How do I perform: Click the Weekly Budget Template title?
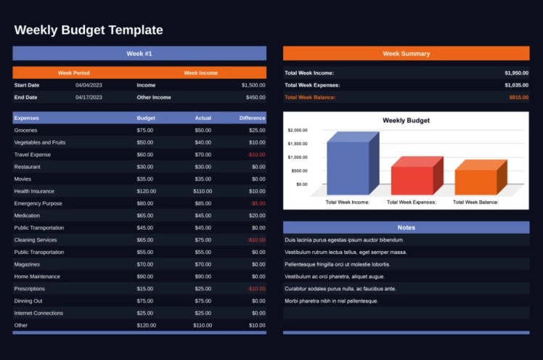[89, 30]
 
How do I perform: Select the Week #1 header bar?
[139, 53]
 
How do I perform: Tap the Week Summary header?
[406, 53]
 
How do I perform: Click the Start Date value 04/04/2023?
[89, 85]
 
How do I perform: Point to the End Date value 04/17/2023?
[89, 97]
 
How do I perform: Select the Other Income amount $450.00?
[255, 97]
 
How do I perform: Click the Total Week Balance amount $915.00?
[518, 97]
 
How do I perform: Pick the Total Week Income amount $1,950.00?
[516, 73]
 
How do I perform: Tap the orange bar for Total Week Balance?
[476, 181]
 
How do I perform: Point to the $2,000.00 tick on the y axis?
[298, 131]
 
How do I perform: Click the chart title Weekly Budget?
[406, 120]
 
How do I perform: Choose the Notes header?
[406, 227]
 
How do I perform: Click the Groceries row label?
[25, 130]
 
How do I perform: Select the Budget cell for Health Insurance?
[145, 191]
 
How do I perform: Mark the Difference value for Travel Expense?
[256, 155]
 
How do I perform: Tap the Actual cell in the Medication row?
[203, 216]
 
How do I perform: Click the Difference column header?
[252, 118]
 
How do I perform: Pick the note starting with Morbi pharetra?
[331, 300]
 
